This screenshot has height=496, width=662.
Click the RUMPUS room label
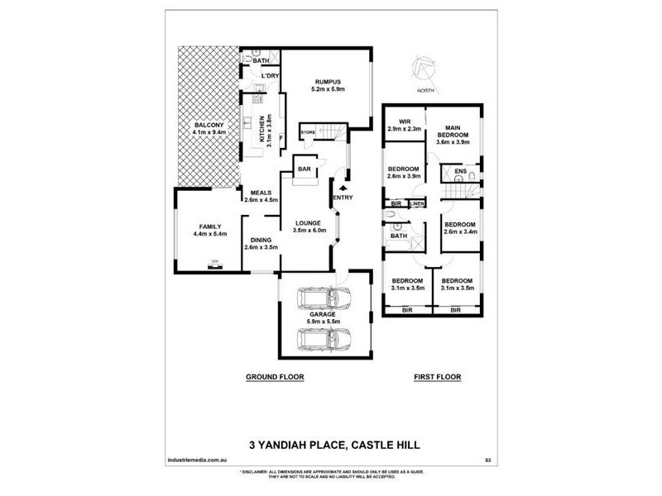tap(329, 81)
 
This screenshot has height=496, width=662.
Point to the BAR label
tap(303, 170)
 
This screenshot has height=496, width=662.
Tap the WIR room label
tap(405, 122)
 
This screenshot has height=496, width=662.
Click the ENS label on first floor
tap(462, 171)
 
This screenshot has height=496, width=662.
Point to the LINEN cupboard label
tap(416, 203)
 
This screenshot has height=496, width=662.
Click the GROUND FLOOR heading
tap(276, 377)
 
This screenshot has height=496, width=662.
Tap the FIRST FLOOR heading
tap(437, 377)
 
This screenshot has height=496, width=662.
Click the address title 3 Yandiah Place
tap(334, 445)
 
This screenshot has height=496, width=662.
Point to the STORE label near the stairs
tap(308, 132)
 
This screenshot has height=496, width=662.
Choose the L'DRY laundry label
tap(269, 76)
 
